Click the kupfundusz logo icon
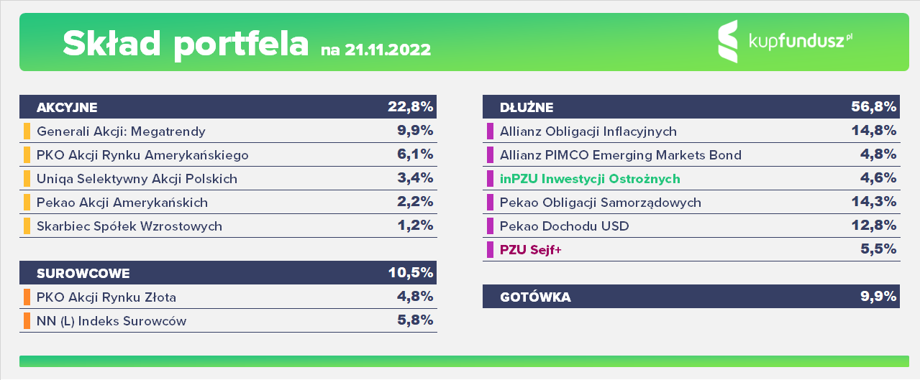click(728, 42)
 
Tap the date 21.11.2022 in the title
click(388, 50)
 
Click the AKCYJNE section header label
click(67, 108)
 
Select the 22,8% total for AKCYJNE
click(410, 107)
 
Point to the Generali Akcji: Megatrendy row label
click(121, 131)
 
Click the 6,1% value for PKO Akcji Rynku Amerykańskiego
click(415, 154)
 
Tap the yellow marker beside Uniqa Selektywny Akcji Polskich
click(27, 179)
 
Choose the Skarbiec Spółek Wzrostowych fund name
click(129, 226)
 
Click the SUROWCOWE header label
click(83, 273)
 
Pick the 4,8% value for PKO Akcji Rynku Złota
click(415, 296)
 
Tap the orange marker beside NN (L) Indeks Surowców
click(27, 320)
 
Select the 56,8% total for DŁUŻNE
click(873, 107)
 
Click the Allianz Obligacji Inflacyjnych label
click(588, 131)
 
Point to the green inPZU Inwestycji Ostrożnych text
click(590, 179)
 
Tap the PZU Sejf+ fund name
click(530, 249)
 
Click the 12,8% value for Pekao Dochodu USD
click(873, 226)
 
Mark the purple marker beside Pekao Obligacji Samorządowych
click(490, 203)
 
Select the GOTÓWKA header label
click(535, 297)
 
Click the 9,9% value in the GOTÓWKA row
click(878, 296)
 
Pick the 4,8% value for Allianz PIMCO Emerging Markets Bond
click(878, 154)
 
